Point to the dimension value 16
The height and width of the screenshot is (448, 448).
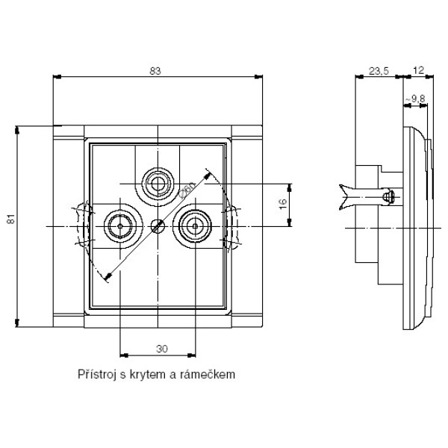click(283, 203)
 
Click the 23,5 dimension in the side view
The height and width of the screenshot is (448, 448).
click(376, 71)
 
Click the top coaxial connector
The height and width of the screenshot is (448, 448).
click(158, 182)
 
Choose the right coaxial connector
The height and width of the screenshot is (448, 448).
click(194, 225)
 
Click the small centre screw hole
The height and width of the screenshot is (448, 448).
click(158, 225)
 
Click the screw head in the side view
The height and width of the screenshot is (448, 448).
click(386, 196)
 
